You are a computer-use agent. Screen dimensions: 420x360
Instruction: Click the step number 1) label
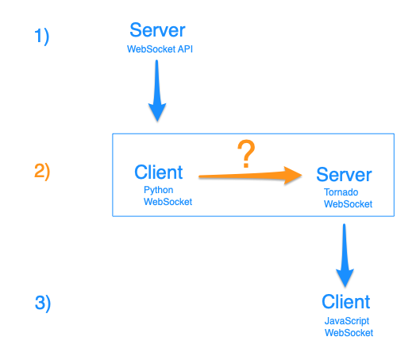pos(42,37)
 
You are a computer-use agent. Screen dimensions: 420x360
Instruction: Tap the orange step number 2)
pos(42,172)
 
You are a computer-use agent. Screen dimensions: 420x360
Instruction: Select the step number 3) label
pos(43,303)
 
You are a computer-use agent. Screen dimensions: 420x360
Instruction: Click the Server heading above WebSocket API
pos(157,30)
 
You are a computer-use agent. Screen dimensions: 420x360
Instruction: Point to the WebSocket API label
pos(160,49)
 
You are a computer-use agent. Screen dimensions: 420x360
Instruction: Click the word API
pos(185,49)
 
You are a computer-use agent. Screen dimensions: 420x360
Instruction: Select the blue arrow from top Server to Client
pos(157,91)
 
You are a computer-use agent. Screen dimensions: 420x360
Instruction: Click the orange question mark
pos(246,153)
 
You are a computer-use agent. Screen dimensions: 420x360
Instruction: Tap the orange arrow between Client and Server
pos(250,176)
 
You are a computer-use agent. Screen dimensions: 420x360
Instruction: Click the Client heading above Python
pos(159,172)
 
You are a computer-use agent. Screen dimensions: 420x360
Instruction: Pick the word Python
pos(159,190)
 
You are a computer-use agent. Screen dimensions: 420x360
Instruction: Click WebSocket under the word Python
pos(168,202)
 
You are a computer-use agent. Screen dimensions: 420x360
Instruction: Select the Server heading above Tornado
pos(344,175)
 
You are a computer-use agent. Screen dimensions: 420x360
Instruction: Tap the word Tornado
pos(341,192)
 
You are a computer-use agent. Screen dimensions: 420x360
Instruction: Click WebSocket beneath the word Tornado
pos(349,204)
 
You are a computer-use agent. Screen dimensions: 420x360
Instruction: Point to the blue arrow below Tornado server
pos(345,255)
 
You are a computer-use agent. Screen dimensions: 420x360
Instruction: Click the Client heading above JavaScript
pos(346,302)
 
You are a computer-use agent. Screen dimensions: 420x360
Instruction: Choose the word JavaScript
pos(347,321)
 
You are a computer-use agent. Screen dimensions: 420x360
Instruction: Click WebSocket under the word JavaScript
pos(349,333)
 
